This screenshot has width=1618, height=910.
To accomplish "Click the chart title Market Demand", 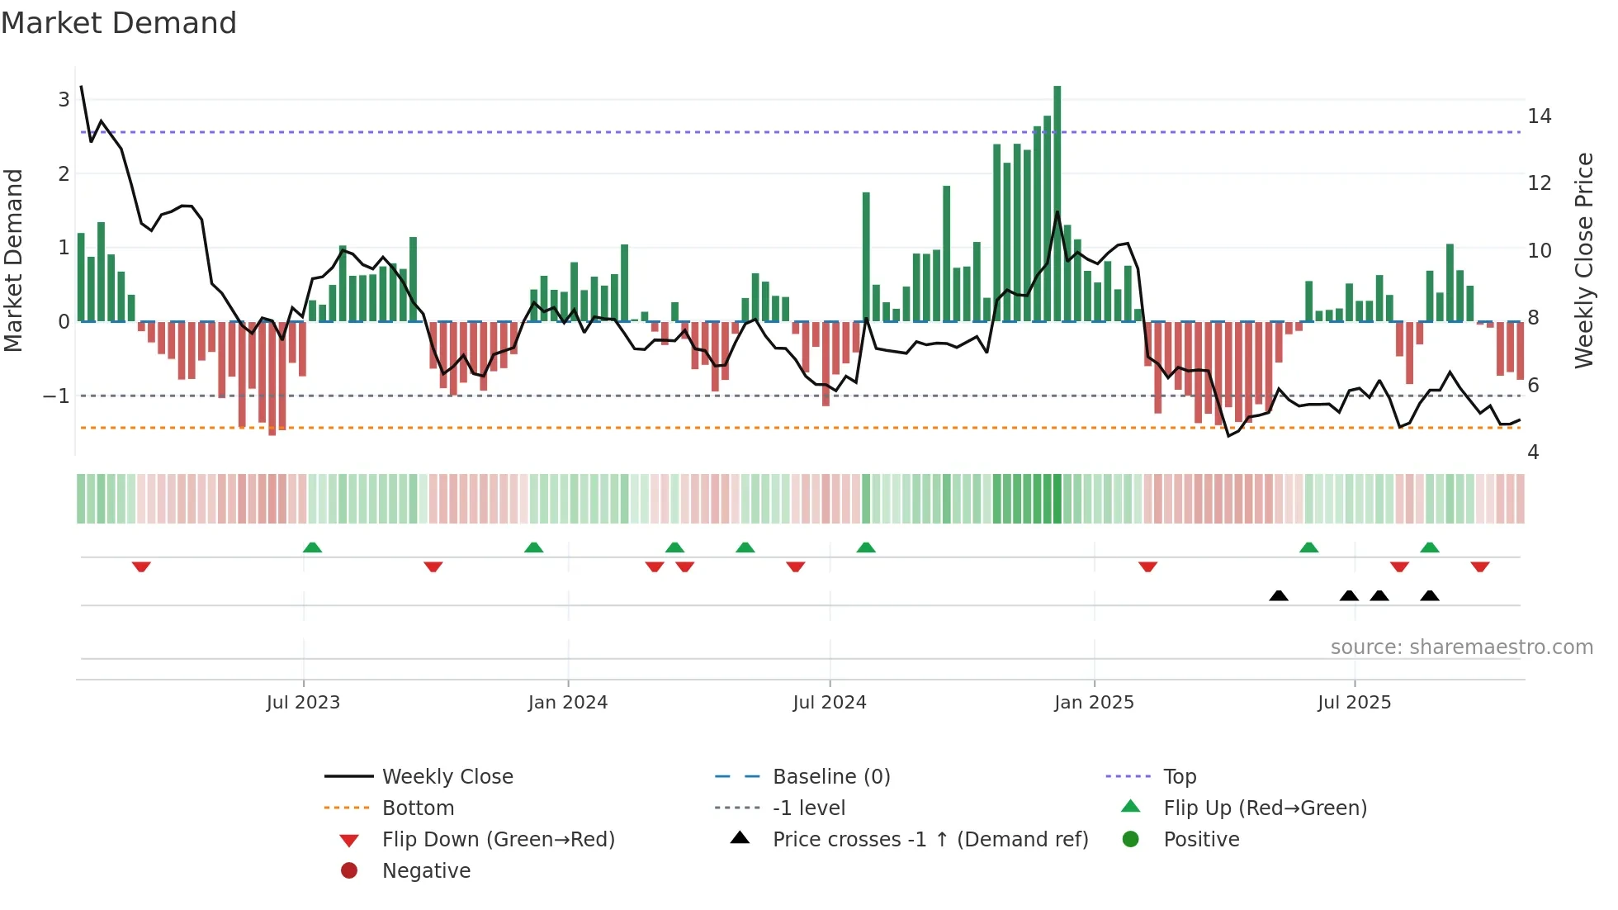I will (x=119, y=23).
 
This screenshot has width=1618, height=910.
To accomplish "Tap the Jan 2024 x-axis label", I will (x=568, y=703).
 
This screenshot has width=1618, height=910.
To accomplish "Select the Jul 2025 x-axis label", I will (x=1354, y=703).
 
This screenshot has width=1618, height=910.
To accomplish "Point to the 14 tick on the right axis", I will (x=1539, y=116).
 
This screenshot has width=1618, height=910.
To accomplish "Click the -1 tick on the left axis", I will (x=56, y=396).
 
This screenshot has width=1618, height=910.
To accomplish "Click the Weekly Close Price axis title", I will (x=1583, y=260).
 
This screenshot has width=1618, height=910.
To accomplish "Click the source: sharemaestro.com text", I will (x=1461, y=647).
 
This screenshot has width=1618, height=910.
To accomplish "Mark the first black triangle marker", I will (x=1278, y=595).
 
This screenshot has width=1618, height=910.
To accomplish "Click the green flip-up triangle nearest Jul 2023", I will (x=312, y=547).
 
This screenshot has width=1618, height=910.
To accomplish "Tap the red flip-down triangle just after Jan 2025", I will (x=1147, y=566).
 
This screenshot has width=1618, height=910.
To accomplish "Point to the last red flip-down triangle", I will (x=1479, y=566).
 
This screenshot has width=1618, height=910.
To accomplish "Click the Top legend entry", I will (x=1179, y=777).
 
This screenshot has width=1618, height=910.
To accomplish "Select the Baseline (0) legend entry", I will (x=830, y=777).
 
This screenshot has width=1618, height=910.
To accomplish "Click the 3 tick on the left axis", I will (x=64, y=100).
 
